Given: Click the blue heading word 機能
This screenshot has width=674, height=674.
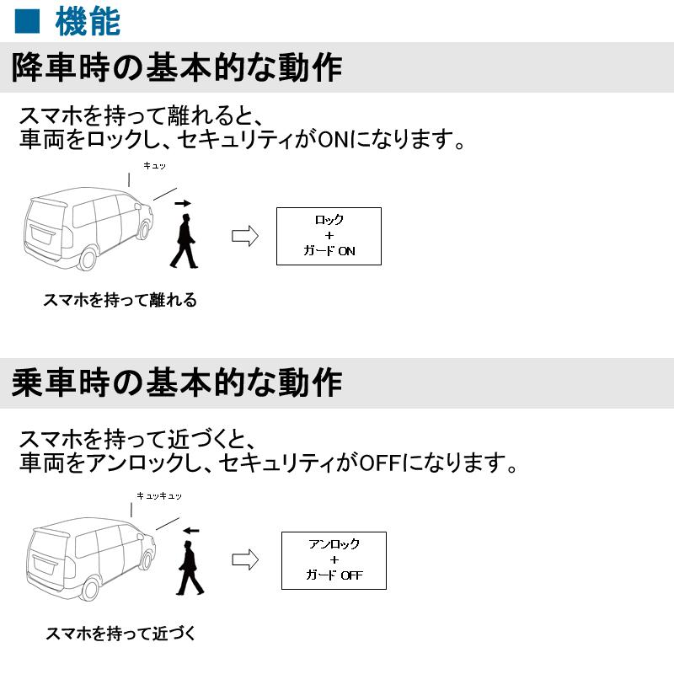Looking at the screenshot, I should [88, 21].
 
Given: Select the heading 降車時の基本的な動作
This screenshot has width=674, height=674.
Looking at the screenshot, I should [177, 67].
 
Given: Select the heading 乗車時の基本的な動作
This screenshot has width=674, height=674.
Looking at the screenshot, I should [177, 383].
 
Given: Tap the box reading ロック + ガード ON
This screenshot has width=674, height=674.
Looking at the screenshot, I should [329, 236].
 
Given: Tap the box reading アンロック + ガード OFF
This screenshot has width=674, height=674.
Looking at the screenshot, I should [333, 560].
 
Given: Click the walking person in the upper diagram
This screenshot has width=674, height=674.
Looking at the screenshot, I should [184, 240].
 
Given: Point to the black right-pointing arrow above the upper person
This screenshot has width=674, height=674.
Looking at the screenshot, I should [183, 203].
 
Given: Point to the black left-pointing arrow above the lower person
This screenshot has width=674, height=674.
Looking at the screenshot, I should [191, 531].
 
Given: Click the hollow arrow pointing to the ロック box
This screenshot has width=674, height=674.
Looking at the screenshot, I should [244, 236].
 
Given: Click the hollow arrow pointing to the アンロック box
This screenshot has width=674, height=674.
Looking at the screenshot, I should [244, 560].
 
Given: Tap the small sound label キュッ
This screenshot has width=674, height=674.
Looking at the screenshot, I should [154, 168].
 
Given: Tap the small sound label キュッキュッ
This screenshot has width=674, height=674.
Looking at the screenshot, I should [159, 496].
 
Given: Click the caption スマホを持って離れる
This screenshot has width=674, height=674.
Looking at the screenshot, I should [120, 300].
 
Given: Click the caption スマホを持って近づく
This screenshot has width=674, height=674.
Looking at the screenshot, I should [120, 633].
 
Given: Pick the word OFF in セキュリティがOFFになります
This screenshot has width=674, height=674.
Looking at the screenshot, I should [377, 463].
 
